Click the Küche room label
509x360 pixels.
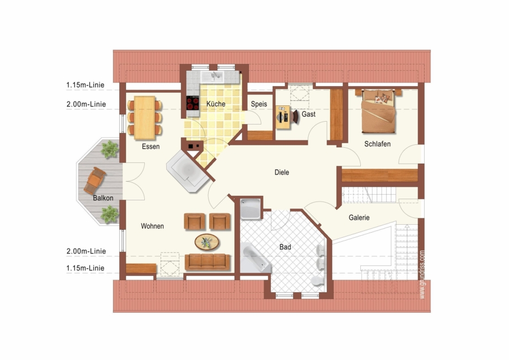point(216,104)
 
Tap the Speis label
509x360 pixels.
point(259,104)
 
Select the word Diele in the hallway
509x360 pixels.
point(282,172)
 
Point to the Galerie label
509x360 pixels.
point(359,218)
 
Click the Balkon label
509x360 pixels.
point(103,198)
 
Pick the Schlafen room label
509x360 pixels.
point(377,144)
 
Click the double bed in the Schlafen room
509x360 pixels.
point(378,111)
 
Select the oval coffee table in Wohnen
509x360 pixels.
point(207,242)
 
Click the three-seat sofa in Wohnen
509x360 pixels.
point(208,262)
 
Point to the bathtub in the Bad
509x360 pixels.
point(256,258)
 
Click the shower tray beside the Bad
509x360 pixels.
point(251,209)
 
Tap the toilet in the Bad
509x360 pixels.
point(318,281)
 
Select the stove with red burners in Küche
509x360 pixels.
point(192,104)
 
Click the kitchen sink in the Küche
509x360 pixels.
point(213,76)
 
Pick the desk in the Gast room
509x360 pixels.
point(283,117)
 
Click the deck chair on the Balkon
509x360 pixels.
point(94,181)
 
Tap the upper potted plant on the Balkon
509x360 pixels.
point(110,149)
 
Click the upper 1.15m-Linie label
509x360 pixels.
point(85,85)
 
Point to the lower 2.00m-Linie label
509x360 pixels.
point(86,251)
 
